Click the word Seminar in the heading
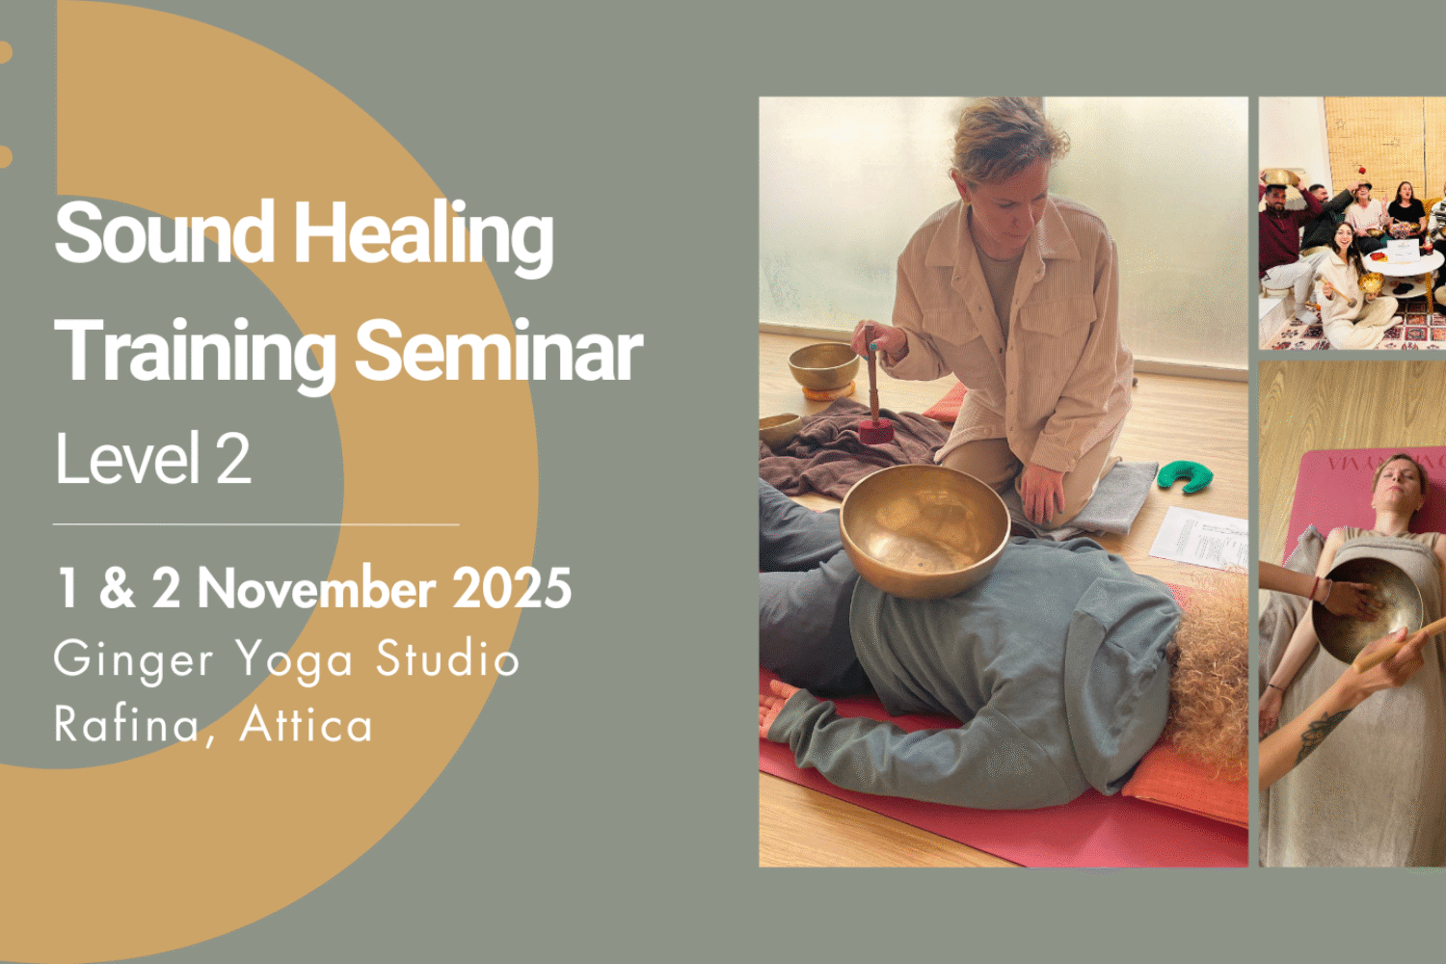pos(498,351)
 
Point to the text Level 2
pos(152,459)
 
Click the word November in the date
pos(316,588)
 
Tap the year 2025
pos(512,588)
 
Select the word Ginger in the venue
pos(133,661)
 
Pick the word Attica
pos(306,725)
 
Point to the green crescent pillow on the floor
pos(1185,474)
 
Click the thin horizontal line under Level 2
pos(255,524)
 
